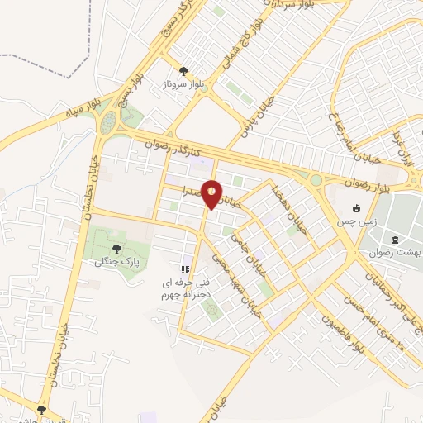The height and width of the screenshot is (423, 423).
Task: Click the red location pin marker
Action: tap(211, 193)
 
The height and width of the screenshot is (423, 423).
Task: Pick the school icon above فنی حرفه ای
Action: tap(186, 269)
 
